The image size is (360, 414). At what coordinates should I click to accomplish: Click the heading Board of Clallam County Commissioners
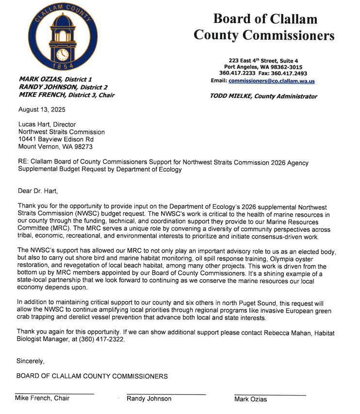pos(264,27)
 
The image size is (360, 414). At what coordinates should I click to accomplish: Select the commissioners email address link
pos(272,81)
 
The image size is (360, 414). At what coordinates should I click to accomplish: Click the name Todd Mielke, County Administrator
pos(263,96)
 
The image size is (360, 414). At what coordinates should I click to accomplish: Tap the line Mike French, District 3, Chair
pos(66,95)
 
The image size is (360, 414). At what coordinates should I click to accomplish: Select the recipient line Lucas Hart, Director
pos(47,125)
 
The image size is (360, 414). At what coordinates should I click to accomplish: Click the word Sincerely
pos(31,361)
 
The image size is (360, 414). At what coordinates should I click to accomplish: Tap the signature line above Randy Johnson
pos(166,394)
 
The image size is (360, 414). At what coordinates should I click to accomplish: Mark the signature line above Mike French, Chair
pos(54,393)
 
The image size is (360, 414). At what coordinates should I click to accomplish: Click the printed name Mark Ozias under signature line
pos(250,399)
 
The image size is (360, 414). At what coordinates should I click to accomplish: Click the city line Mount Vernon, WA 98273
pos(55,146)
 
